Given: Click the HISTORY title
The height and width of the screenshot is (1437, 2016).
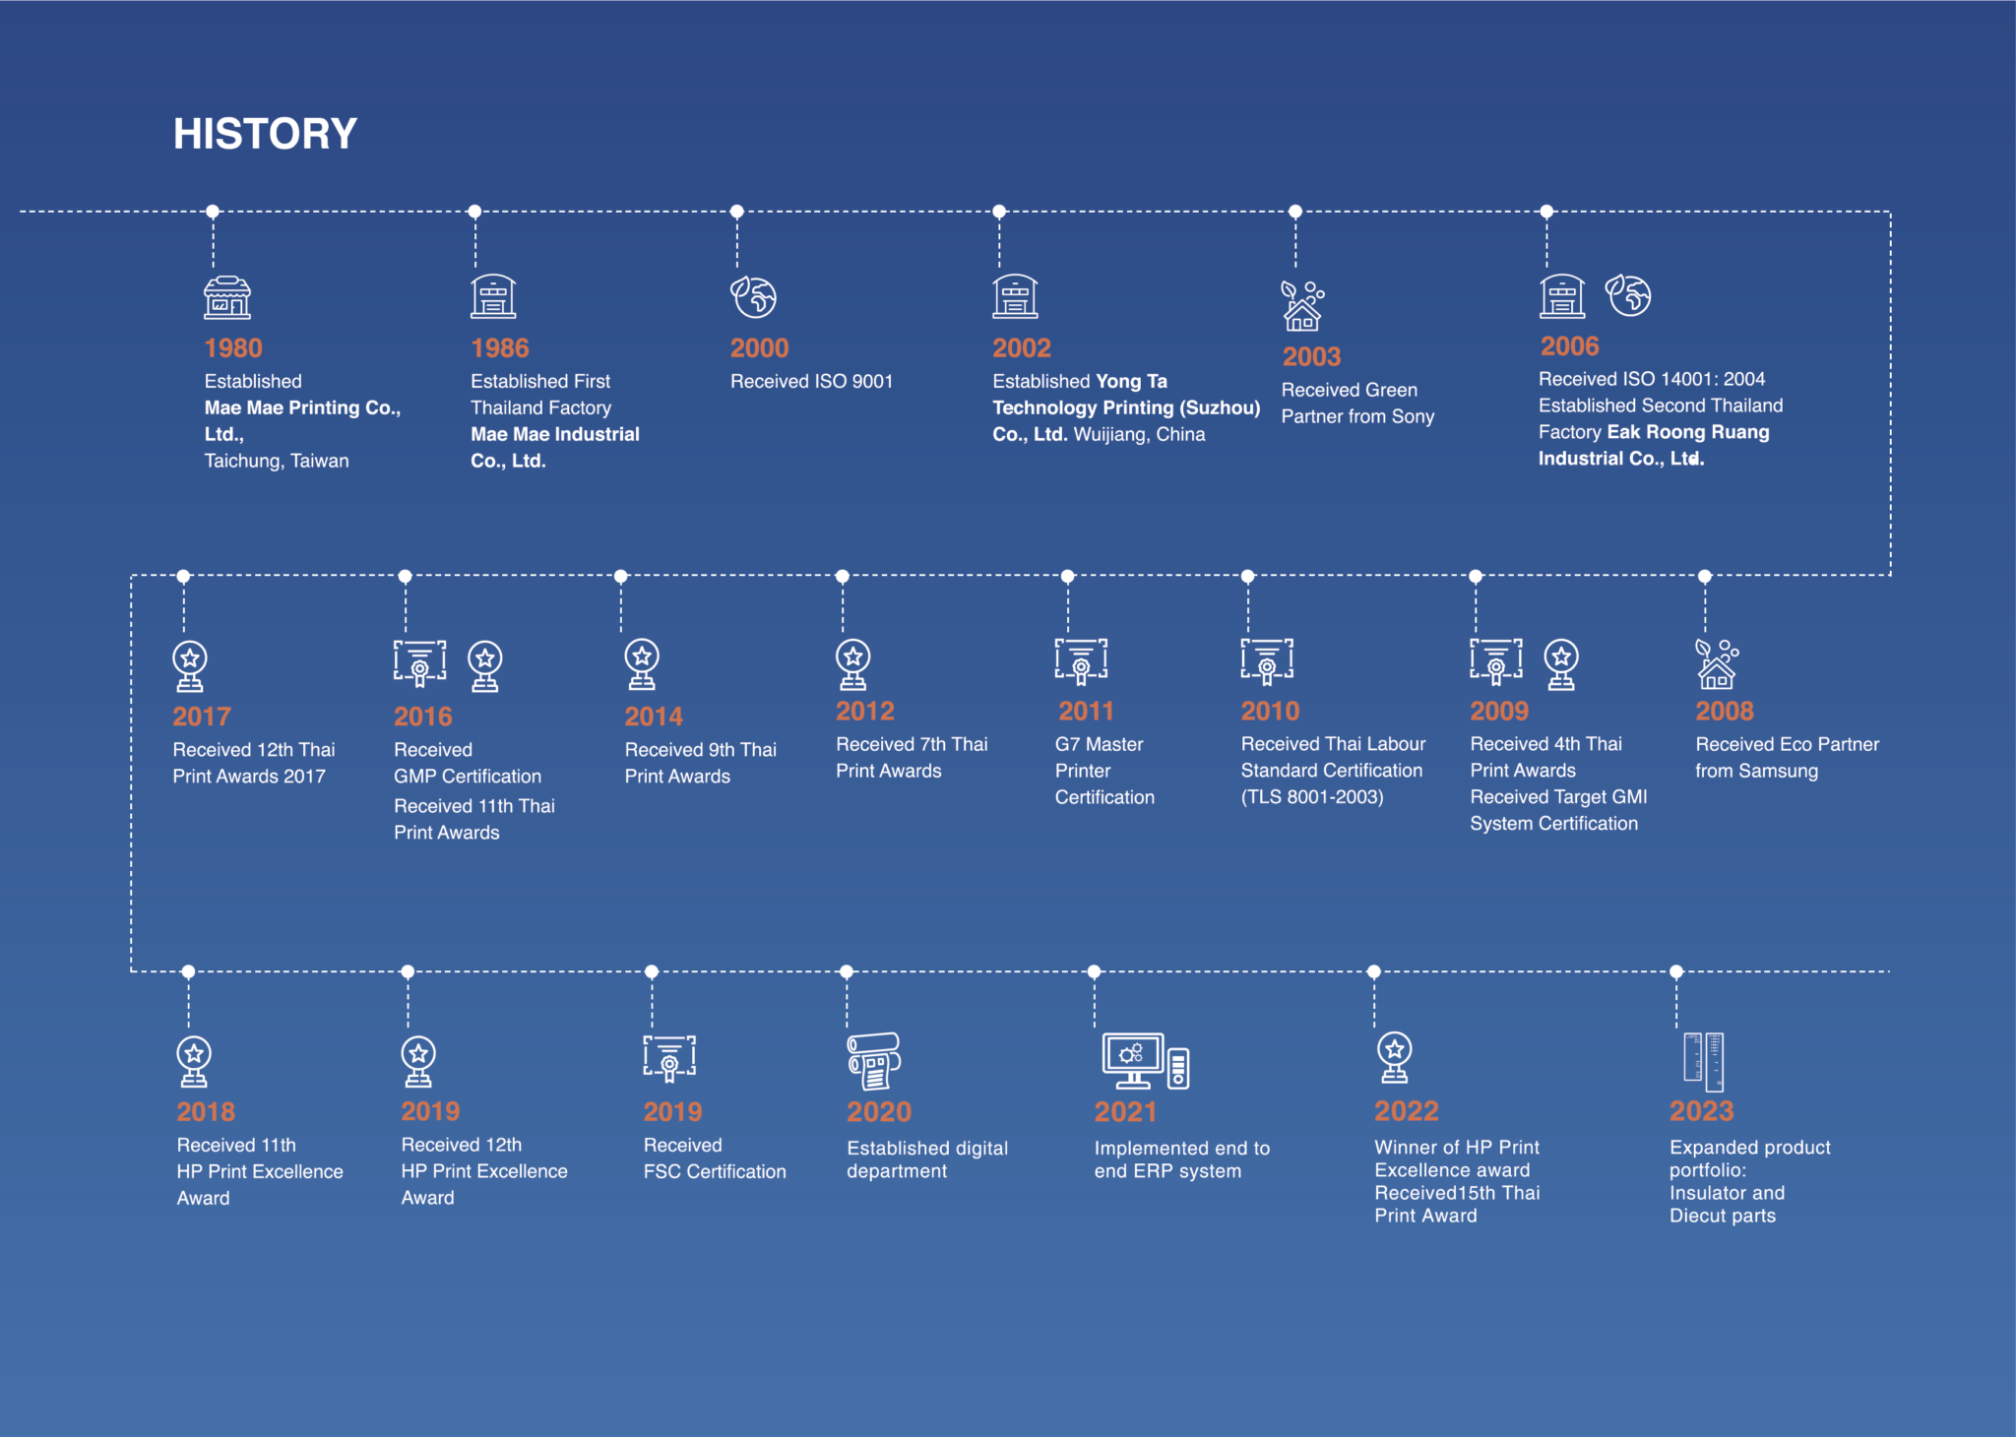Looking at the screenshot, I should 265,134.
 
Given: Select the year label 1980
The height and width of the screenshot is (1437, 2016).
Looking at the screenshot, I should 233,348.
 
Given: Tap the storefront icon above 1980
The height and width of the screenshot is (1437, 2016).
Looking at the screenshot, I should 227,297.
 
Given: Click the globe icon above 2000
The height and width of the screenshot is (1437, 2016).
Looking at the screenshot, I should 754,296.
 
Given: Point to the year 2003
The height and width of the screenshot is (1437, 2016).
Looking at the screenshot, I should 1311,356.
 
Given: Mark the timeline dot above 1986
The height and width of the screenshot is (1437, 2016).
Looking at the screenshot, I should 474,212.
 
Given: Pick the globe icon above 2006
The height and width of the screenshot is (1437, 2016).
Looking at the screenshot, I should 1629,295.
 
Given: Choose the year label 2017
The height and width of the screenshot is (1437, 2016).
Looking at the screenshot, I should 202,717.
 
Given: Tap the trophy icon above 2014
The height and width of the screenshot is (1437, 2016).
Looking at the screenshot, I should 642,664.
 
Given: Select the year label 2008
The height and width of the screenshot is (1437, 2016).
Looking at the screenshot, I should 1724,711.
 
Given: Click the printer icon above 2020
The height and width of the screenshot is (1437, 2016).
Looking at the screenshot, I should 874,1061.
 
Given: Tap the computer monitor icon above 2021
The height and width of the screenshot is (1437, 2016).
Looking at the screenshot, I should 1134,1059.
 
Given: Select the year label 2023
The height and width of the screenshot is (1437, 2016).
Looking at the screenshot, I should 1701,1111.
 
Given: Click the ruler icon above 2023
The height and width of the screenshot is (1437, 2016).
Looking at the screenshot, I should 1704,1061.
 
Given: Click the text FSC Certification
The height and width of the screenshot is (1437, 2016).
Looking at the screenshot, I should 715,1171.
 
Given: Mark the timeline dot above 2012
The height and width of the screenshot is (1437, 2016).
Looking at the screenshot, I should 843,576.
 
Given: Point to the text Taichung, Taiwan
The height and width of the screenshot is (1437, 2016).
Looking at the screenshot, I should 277,461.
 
